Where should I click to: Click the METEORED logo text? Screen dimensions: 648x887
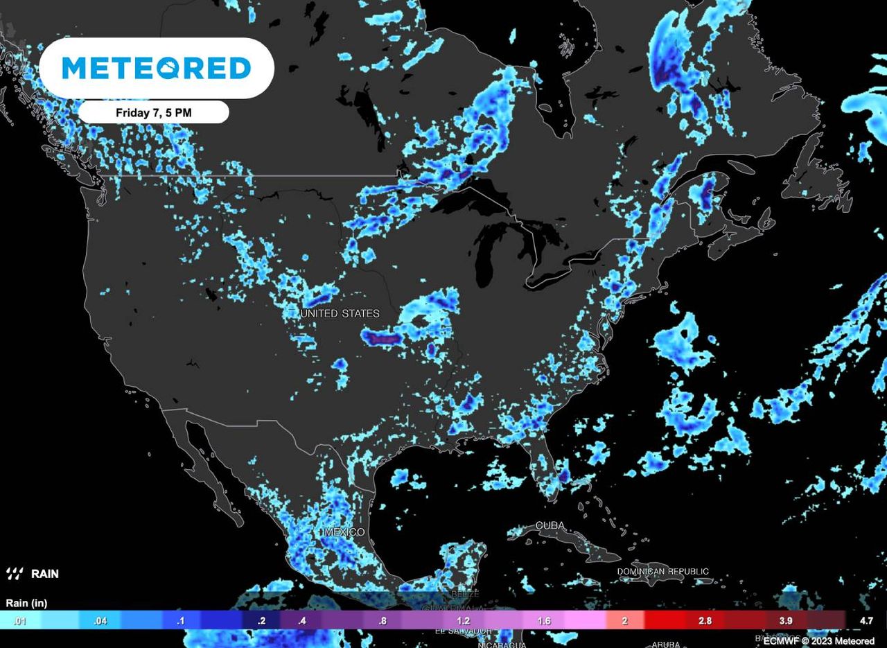click(157, 68)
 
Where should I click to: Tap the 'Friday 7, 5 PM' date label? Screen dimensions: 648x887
click(153, 112)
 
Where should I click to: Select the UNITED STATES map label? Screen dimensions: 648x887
click(340, 314)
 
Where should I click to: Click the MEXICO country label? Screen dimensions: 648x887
click(344, 532)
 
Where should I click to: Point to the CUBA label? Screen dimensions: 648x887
click(550, 526)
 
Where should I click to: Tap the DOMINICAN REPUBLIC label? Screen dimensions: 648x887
click(663, 572)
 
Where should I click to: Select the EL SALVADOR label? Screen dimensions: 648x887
click(464, 631)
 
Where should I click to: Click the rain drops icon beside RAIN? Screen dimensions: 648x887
click(15, 574)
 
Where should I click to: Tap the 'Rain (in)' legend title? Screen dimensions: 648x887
click(27, 603)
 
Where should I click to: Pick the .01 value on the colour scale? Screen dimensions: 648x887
click(19, 621)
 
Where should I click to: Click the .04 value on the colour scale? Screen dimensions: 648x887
click(100, 621)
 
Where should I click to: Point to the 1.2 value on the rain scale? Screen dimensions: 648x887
click(464, 621)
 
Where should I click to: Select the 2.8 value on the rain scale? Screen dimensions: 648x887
click(705, 621)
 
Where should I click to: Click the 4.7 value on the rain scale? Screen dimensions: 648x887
click(866, 621)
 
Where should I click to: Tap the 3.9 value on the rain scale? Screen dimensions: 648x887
click(785, 621)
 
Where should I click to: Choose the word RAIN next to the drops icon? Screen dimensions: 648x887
click(45, 574)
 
